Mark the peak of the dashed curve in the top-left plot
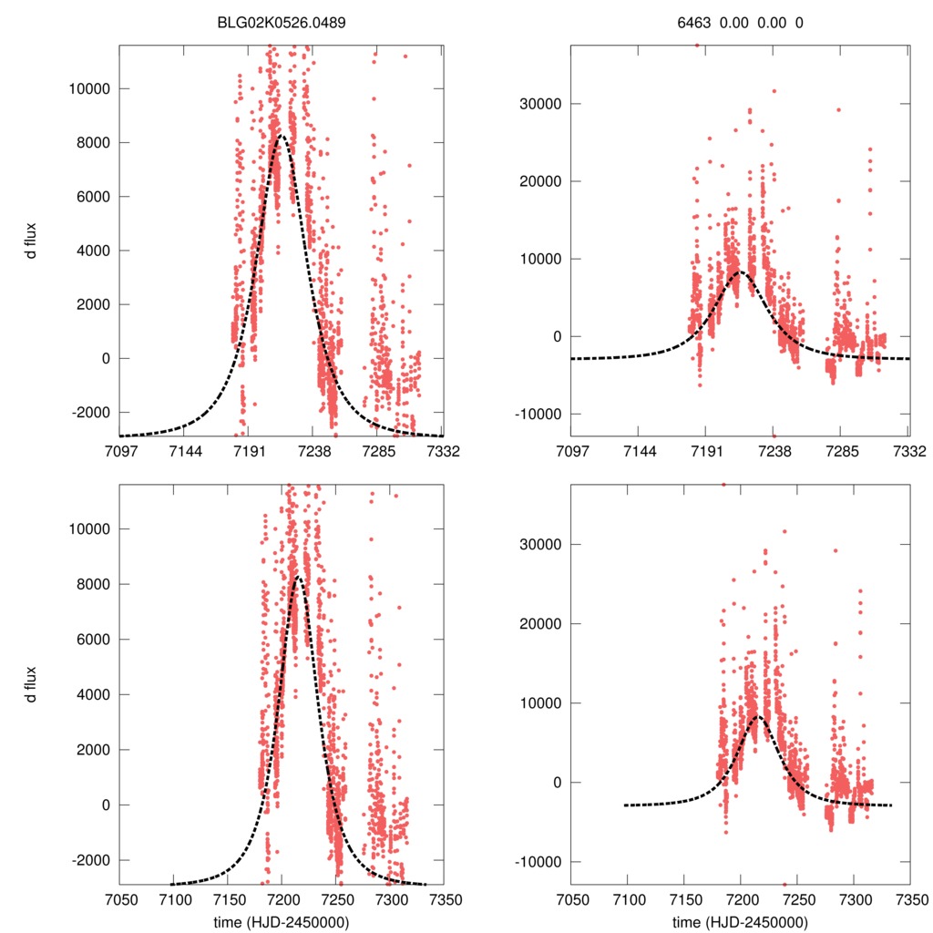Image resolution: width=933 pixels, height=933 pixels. tap(282, 136)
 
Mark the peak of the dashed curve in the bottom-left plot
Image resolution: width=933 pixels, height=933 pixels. tap(297, 577)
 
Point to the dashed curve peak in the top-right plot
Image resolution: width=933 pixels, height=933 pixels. tap(739, 272)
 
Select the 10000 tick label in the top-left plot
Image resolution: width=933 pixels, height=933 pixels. tap(90, 89)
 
